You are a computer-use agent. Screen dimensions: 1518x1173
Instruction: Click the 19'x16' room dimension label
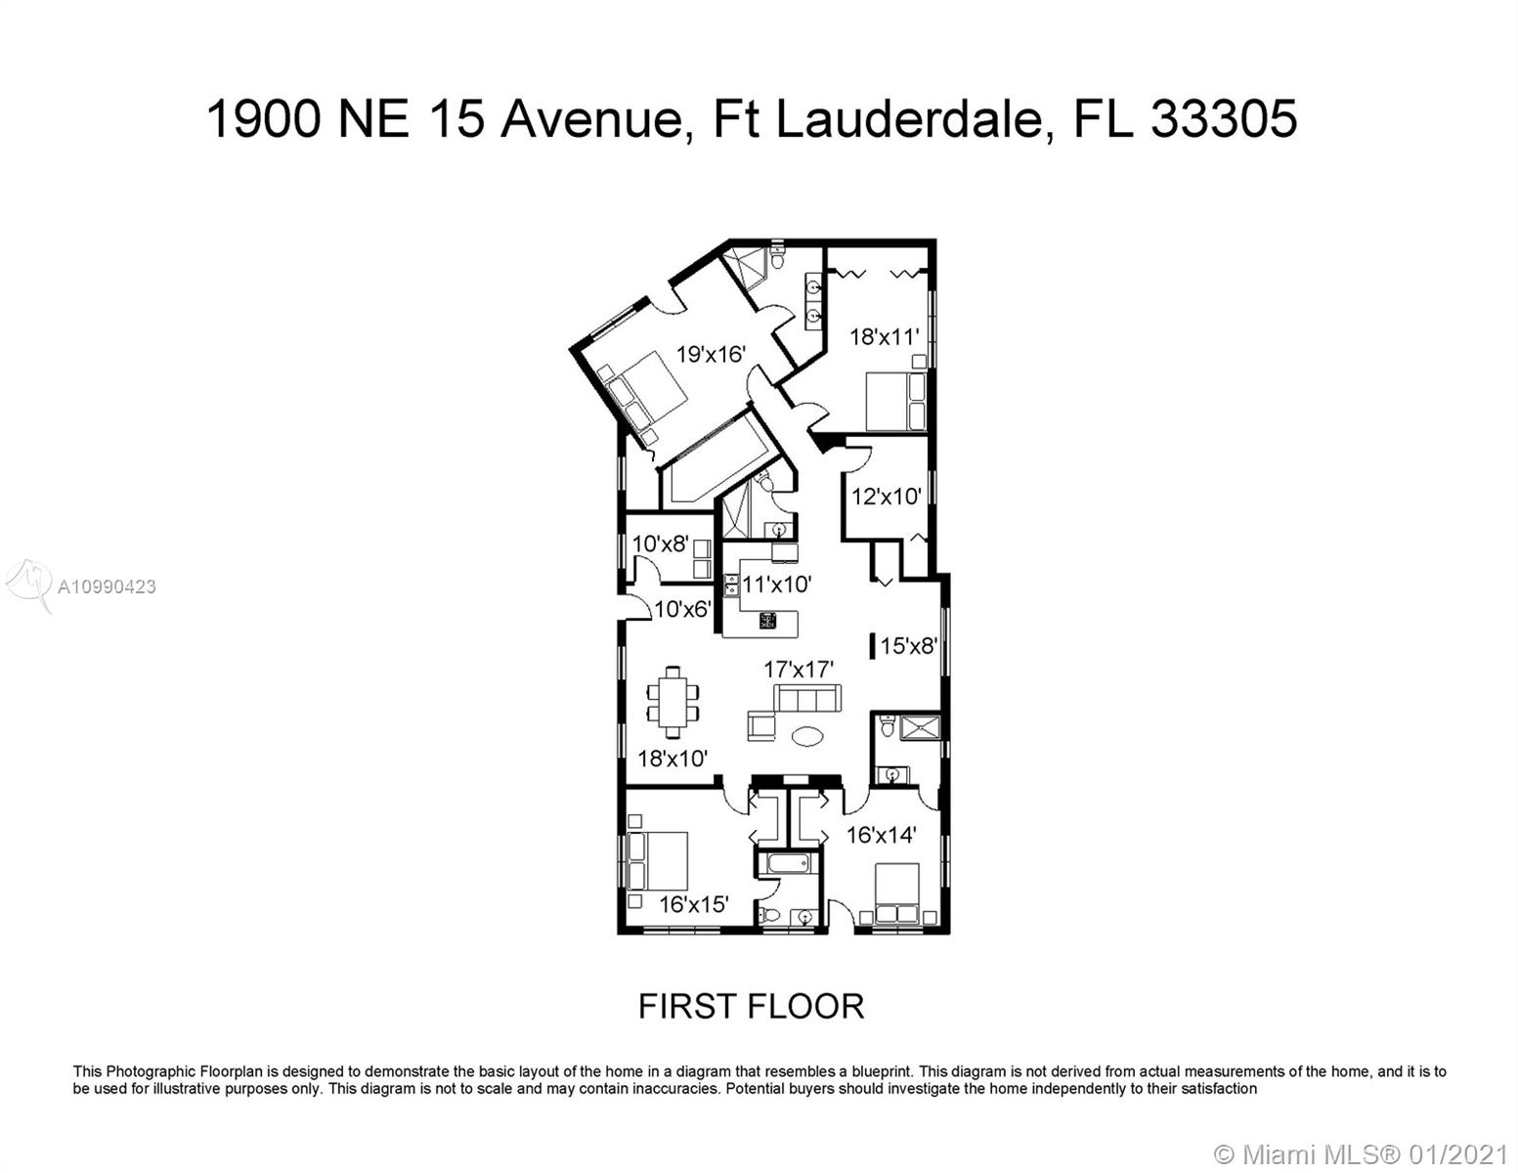[x=711, y=354]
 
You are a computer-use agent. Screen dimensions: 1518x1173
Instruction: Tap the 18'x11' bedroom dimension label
[x=884, y=336]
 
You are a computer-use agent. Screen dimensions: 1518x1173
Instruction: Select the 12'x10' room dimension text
[x=886, y=496]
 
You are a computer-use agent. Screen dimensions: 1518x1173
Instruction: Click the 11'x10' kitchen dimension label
[x=776, y=584]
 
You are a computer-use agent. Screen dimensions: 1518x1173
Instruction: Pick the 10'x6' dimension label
[x=682, y=609]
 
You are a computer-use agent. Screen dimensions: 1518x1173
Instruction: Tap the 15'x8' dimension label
[x=908, y=645]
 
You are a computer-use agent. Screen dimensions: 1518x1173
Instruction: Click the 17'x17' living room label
[x=799, y=670]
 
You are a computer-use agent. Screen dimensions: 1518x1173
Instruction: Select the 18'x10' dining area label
[x=672, y=758]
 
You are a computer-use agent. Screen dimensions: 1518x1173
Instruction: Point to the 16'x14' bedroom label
[x=882, y=834]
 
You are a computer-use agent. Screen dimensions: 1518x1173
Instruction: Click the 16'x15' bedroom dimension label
[x=694, y=904]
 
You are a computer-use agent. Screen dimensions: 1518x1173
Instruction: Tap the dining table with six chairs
[x=672, y=702]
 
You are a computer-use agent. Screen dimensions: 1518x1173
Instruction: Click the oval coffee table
[x=806, y=736]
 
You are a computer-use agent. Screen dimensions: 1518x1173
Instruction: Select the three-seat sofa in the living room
[x=807, y=698]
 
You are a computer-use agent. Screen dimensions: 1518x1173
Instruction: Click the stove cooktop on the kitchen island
[x=767, y=621]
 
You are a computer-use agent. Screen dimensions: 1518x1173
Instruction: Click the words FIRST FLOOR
[x=751, y=1007]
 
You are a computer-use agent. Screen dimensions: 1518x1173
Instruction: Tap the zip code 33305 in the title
[x=1224, y=118]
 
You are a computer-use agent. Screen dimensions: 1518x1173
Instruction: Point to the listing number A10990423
[x=107, y=586]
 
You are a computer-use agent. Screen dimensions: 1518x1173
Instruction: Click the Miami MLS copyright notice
[x=1360, y=1154]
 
